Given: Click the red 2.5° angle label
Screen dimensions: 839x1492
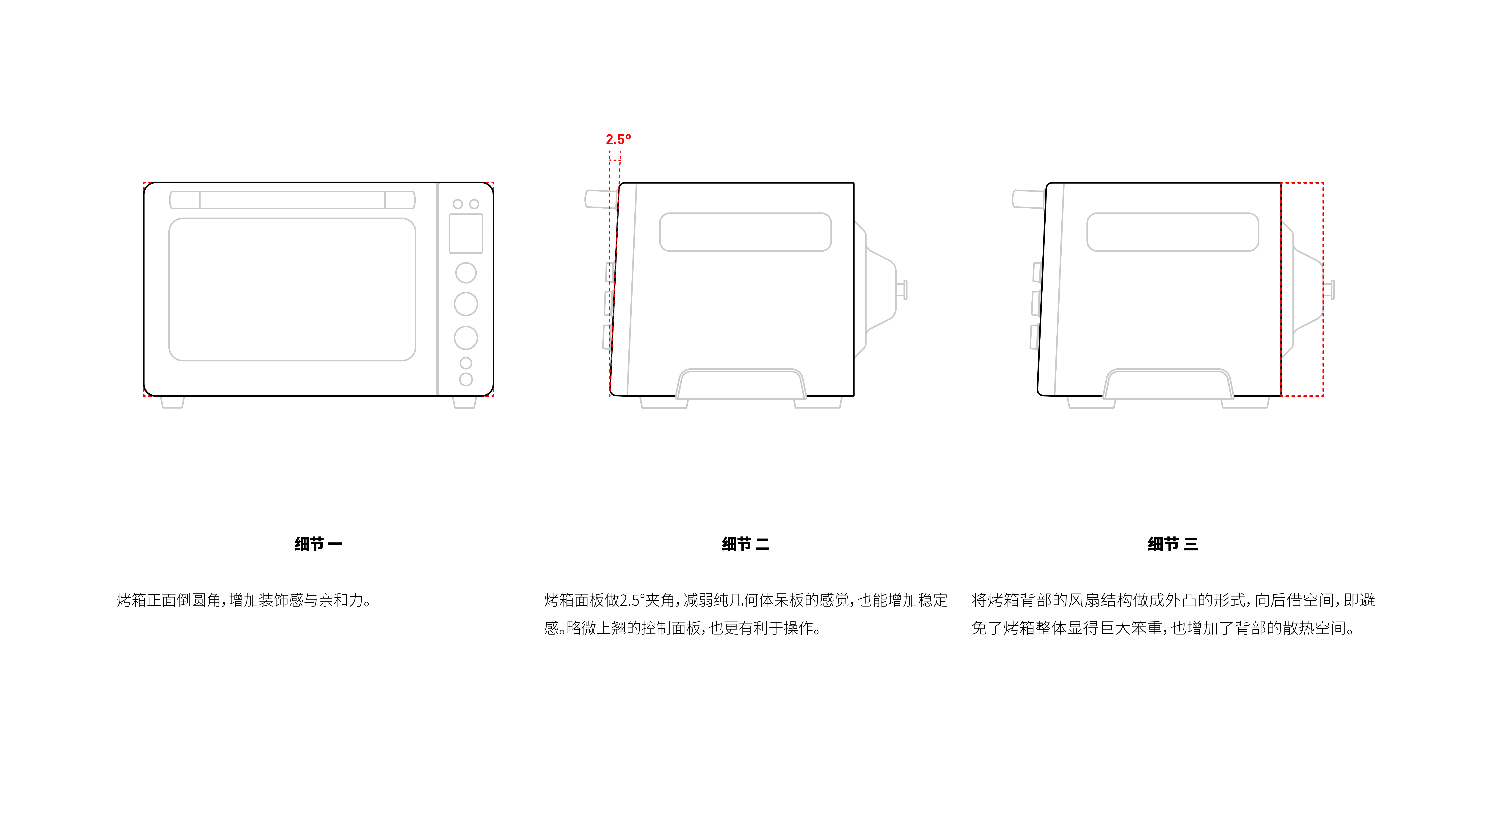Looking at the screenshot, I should pyautogui.click(x=618, y=140).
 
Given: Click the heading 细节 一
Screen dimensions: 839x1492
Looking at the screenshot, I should pyautogui.click(x=318, y=544).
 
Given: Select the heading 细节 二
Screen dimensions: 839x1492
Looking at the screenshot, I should pyautogui.click(x=745, y=544).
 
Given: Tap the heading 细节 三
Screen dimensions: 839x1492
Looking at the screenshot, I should pyautogui.click(x=1172, y=544).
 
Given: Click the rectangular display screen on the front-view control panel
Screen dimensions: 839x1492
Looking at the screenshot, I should pyautogui.click(x=466, y=233).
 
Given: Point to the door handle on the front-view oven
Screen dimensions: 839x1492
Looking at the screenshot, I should pyautogui.click(x=292, y=200).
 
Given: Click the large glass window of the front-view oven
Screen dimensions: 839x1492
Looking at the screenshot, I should pyautogui.click(x=292, y=289).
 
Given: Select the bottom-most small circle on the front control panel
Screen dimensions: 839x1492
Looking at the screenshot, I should pyautogui.click(x=466, y=379).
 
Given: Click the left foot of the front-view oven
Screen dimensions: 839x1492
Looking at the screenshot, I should pyautogui.click(x=172, y=402).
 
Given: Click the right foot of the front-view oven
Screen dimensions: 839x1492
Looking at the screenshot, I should pyautogui.click(x=465, y=402).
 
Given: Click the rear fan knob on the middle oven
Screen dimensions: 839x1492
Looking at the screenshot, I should pyautogui.click(x=902, y=289).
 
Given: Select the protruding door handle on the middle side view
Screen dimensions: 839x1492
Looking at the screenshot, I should pyautogui.click(x=600, y=199).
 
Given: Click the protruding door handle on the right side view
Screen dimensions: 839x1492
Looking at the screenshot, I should pyautogui.click(x=1027, y=199).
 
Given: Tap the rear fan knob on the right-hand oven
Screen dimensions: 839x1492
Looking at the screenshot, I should pyautogui.click(x=1330, y=289).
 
